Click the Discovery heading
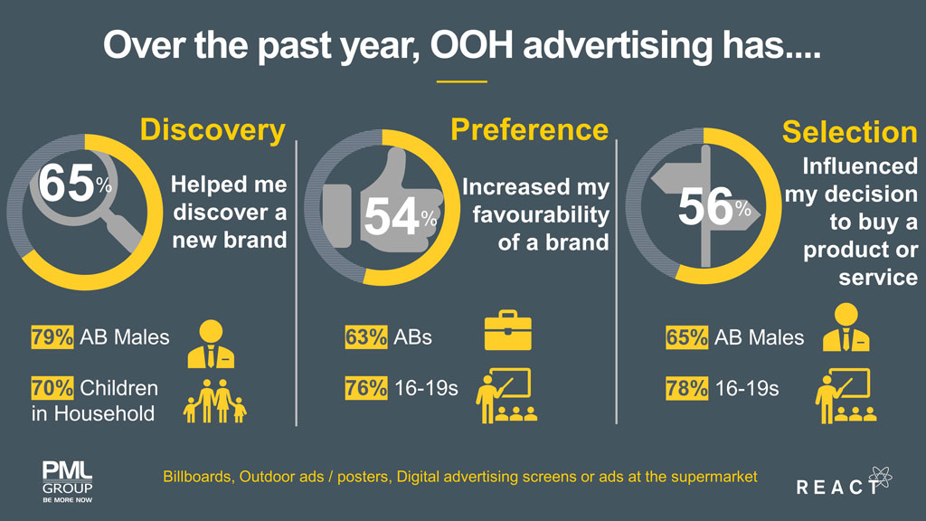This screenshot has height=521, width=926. click(213, 129)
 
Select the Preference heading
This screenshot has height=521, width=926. click(529, 129)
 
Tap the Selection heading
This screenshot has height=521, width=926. click(849, 132)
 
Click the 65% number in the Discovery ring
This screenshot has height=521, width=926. click(69, 184)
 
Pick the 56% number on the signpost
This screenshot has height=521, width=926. click(710, 207)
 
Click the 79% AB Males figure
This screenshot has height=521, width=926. click(52, 337)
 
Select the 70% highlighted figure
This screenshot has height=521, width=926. click(52, 389)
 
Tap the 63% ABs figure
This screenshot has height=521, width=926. click(365, 337)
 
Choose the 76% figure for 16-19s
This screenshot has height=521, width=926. click(365, 389)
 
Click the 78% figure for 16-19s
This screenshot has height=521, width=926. click(686, 389)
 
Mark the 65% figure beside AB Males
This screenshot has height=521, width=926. click(686, 337)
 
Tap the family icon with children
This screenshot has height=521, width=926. click(215, 401)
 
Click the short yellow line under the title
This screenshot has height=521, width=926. click(461, 82)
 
